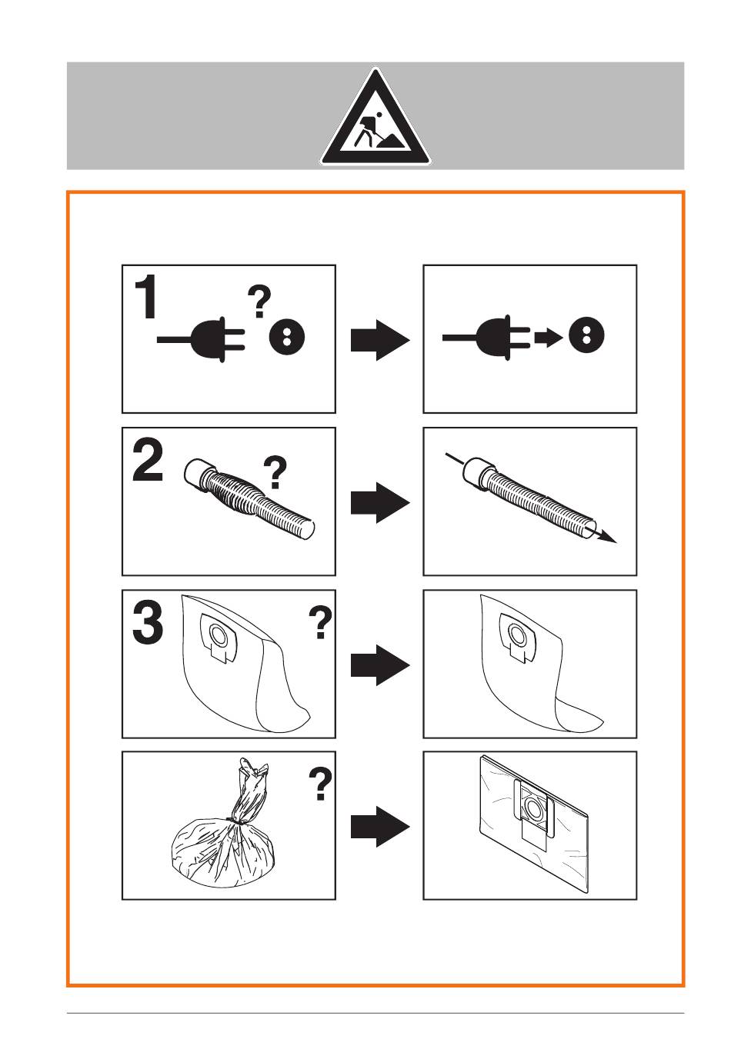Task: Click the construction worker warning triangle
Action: [375, 117]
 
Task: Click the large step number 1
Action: [145, 297]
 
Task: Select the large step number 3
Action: [148, 622]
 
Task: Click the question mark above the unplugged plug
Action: [259, 302]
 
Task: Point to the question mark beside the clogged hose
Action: [275, 473]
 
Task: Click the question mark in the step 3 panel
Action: [321, 622]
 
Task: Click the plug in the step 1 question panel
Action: [202, 339]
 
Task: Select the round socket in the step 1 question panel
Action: [287, 336]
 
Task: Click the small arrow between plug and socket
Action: [548, 336]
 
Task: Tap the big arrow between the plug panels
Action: [380, 340]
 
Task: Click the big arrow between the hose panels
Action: [380, 502]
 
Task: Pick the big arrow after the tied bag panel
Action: [380, 827]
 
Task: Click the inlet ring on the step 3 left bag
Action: [218, 634]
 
